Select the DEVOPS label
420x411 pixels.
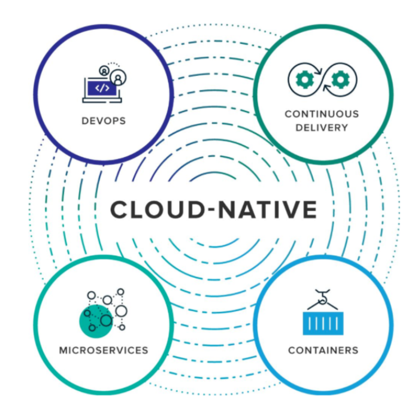103,121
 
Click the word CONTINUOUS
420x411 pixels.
322,114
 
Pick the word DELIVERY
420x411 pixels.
322,128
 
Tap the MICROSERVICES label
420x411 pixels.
103,350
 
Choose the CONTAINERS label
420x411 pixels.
323,350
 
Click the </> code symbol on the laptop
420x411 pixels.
102,88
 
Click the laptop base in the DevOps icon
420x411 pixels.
102,101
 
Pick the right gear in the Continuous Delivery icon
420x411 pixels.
340,80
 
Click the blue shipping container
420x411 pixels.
323,323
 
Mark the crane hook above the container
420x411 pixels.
322,295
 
